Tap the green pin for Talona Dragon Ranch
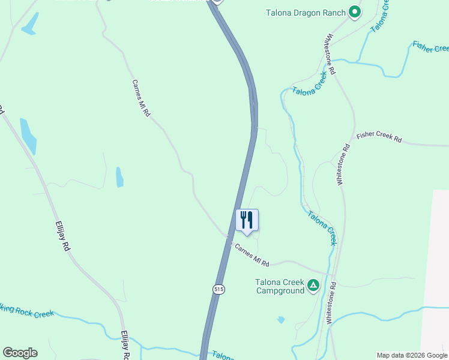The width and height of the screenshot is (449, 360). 355,12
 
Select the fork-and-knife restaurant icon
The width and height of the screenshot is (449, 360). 247,220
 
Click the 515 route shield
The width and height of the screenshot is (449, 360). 218,289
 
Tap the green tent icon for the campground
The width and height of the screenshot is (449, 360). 313,285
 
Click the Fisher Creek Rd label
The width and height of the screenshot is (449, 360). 379,137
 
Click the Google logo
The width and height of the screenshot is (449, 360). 20,353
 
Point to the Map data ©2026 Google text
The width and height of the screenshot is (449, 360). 412,355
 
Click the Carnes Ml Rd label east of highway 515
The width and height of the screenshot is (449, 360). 252,255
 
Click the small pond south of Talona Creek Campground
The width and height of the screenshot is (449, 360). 280,320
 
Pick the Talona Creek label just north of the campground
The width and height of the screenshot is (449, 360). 322,228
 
